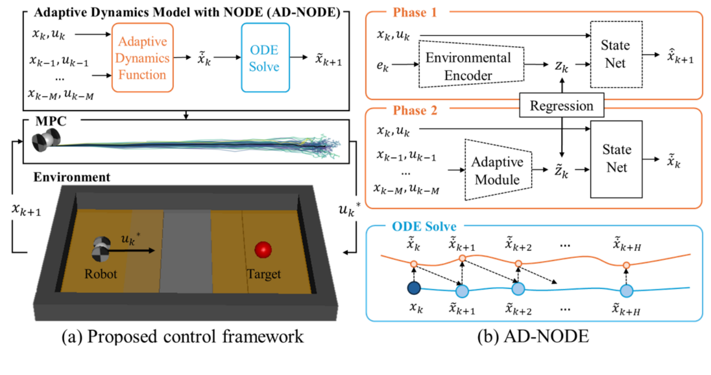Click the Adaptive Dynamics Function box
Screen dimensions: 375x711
(x=142, y=57)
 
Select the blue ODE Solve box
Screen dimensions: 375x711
(x=265, y=57)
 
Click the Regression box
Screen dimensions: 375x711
(x=561, y=106)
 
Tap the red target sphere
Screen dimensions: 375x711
(x=262, y=250)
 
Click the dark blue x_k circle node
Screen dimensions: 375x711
(x=414, y=289)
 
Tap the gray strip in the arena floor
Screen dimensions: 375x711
(x=185, y=250)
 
